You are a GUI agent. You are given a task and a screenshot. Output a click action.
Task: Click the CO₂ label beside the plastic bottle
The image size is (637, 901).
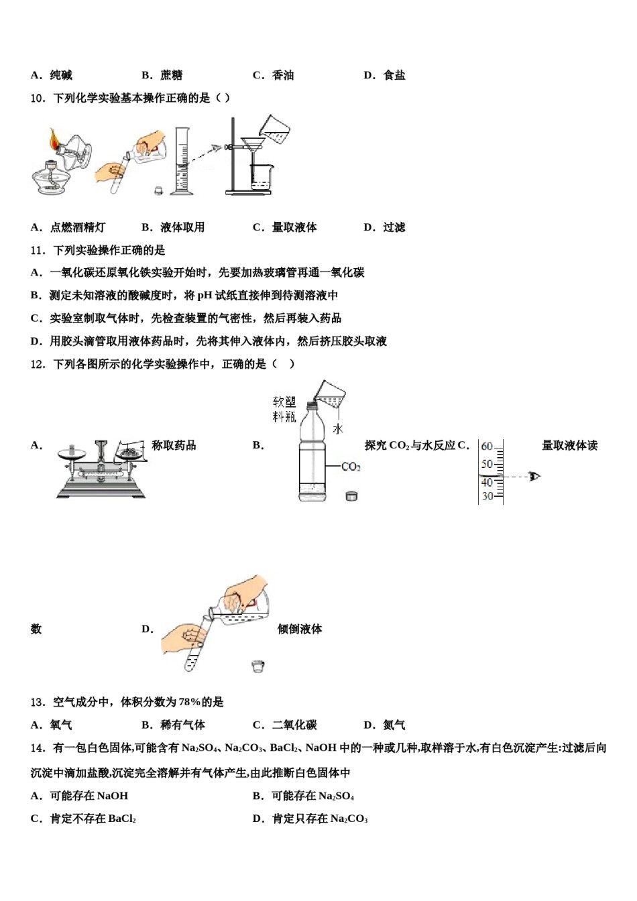(x=351, y=467)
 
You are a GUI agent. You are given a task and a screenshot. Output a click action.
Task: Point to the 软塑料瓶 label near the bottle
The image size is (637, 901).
(x=284, y=409)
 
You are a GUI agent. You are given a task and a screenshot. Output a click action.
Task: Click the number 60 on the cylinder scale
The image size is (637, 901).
(x=487, y=446)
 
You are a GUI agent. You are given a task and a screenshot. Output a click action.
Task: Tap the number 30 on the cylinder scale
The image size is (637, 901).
(x=487, y=496)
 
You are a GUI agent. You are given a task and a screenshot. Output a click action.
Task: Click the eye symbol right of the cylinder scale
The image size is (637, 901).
(x=534, y=477)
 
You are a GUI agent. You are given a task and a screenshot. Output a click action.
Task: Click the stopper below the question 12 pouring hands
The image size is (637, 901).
(x=258, y=666)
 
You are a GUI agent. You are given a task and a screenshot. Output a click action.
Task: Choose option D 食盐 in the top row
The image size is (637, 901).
(x=385, y=75)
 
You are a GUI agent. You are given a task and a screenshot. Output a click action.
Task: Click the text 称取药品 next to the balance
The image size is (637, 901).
(x=174, y=445)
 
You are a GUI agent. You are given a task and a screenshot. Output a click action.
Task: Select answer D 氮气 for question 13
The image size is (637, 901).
(x=385, y=725)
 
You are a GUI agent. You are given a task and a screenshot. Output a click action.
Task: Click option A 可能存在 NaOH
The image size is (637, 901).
(x=80, y=796)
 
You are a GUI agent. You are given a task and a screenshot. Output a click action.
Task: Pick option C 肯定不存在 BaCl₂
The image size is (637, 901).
(x=84, y=819)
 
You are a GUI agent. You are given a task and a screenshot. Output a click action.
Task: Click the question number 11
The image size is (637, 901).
(x=38, y=250)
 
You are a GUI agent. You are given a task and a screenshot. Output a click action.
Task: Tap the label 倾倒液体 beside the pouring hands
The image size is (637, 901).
(x=300, y=629)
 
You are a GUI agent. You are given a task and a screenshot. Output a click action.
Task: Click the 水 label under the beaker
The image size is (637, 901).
(x=338, y=428)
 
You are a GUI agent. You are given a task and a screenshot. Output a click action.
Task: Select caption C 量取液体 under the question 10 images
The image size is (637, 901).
(x=285, y=227)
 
